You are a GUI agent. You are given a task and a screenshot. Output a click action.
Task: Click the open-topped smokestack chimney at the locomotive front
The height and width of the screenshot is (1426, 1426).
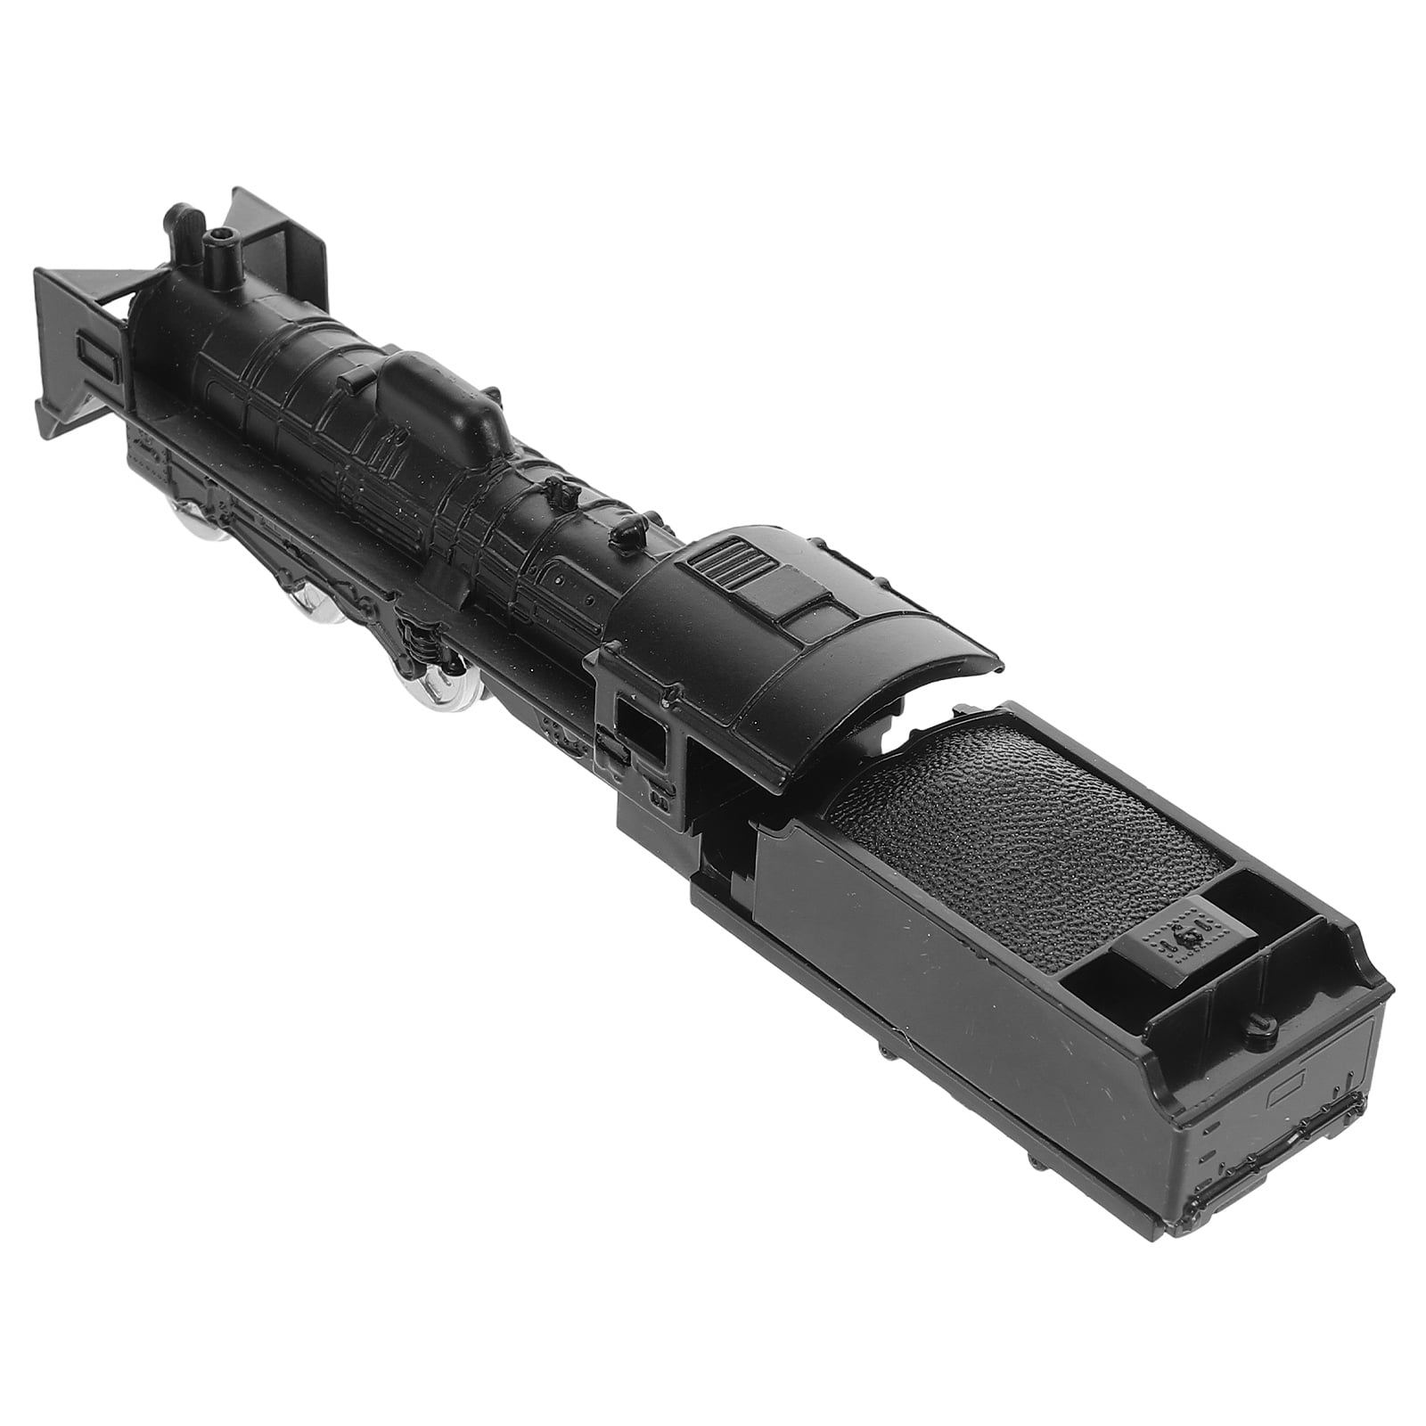[x=219, y=245]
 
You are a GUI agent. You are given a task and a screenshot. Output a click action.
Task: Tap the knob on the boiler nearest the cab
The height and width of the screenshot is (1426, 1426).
[x=627, y=533]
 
